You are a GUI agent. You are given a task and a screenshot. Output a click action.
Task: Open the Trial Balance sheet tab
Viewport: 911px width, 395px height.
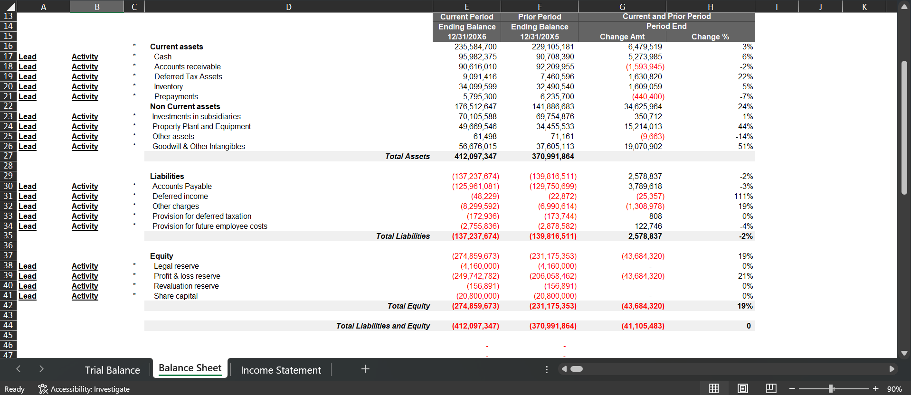(x=112, y=370)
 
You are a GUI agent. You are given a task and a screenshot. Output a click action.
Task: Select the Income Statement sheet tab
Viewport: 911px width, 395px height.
(x=281, y=370)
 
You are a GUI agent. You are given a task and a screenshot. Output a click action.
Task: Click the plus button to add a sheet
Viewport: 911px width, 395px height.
(x=365, y=369)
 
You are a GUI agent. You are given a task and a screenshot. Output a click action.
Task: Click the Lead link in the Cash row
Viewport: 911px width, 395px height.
(x=28, y=56)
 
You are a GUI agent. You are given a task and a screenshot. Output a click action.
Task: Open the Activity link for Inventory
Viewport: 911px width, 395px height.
(x=85, y=86)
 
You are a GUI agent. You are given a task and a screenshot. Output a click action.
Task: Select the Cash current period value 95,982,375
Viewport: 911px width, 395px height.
(x=477, y=56)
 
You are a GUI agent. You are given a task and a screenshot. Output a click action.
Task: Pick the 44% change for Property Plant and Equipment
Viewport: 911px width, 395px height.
(x=745, y=126)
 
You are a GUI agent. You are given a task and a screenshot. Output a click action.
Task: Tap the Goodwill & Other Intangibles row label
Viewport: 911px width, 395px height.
(x=199, y=146)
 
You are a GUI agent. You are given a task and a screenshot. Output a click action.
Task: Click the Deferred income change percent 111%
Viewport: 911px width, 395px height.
(x=743, y=196)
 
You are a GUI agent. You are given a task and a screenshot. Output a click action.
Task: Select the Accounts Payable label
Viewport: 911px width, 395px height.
(x=182, y=186)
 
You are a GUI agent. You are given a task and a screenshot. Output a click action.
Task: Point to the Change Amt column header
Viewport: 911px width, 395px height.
(x=622, y=37)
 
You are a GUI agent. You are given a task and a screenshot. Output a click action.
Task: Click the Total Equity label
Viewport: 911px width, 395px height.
(x=408, y=306)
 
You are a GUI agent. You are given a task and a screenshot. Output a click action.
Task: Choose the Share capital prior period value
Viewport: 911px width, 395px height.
(x=555, y=296)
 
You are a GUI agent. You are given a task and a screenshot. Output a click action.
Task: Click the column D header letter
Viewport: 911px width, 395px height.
(x=289, y=7)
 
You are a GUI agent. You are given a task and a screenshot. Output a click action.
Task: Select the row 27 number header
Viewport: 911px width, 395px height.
(x=8, y=156)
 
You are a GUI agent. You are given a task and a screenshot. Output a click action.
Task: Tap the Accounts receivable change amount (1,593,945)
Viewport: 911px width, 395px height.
(x=645, y=66)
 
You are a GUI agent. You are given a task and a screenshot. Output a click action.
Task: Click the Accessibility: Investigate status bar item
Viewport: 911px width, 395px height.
(x=84, y=389)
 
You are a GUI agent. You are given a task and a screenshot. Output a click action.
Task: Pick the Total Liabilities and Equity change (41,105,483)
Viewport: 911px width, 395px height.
(x=643, y=326)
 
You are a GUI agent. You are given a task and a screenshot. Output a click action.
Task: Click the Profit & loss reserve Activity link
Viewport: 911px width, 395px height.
(x=85, y=276)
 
